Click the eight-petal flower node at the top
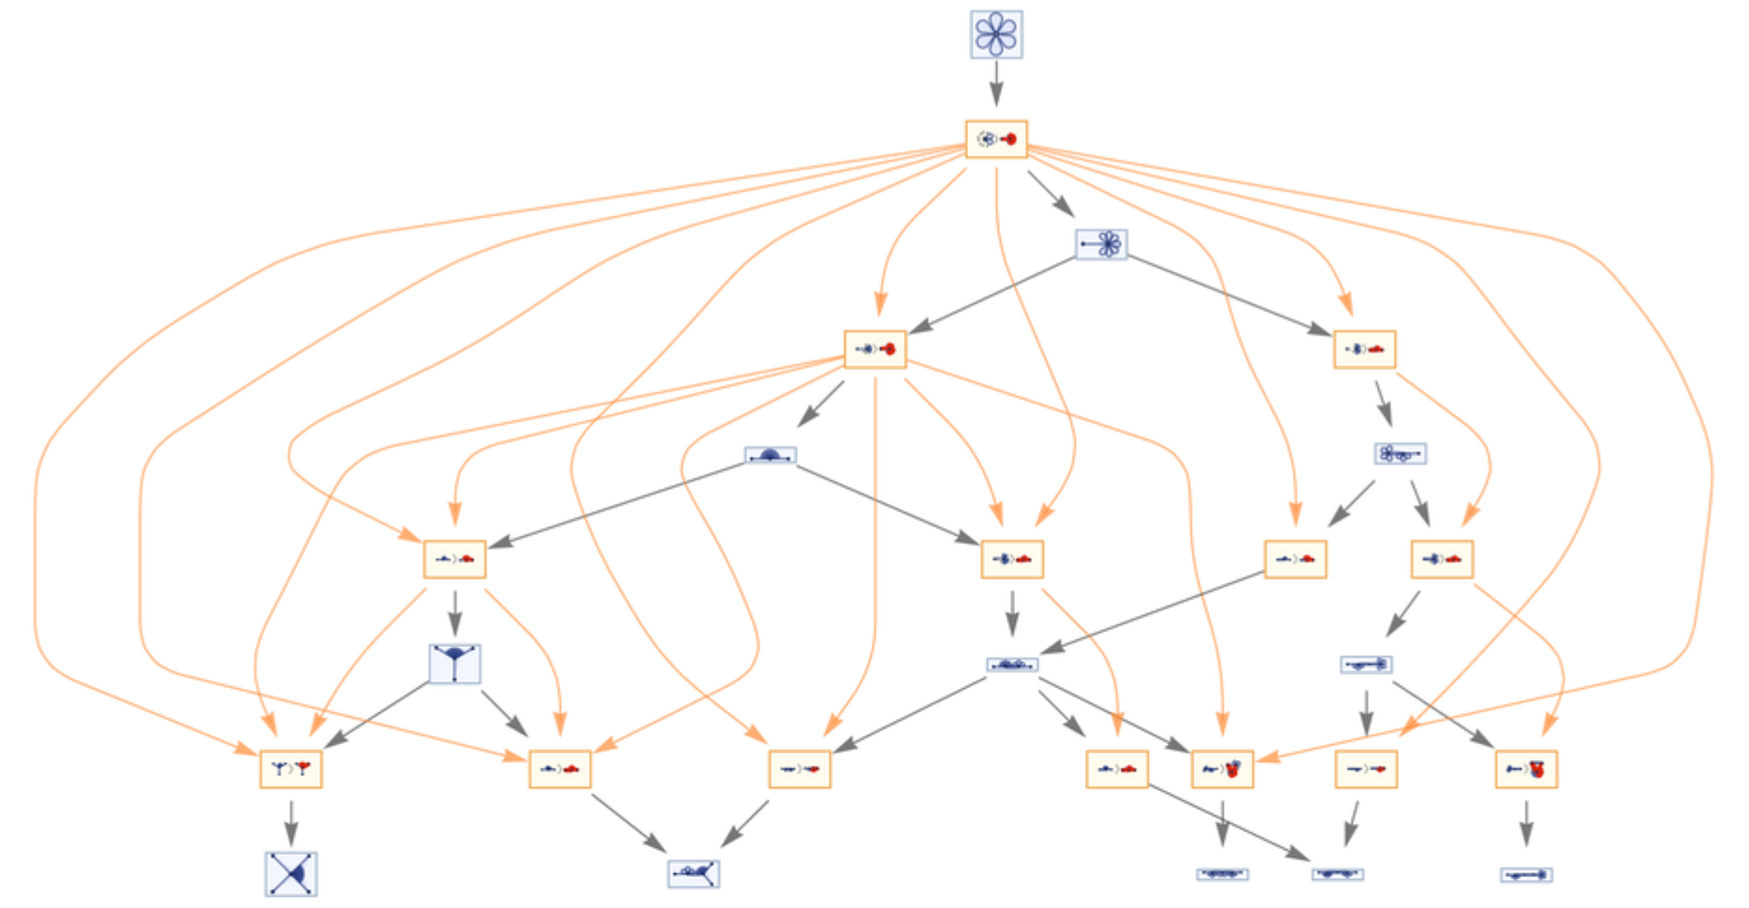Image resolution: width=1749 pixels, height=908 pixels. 996,35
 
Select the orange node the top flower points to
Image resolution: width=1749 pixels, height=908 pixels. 996,139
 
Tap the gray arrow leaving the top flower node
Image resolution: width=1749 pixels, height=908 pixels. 996,84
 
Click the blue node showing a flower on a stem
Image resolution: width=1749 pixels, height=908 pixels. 1101,244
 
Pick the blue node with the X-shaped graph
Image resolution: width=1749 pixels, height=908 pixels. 291,873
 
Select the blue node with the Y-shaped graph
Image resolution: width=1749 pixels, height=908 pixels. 455,664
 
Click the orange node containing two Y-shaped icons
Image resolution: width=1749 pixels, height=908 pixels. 291,769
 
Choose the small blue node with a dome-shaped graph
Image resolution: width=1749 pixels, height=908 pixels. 771,455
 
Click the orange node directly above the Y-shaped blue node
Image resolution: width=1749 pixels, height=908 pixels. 455,559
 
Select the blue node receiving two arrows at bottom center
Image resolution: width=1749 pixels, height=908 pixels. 694,873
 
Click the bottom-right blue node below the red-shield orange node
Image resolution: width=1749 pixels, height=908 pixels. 1526,874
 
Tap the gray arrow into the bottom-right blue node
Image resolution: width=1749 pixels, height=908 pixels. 1526,824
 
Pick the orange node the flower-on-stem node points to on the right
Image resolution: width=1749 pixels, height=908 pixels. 1364,349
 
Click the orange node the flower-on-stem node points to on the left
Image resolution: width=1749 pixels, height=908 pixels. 875,349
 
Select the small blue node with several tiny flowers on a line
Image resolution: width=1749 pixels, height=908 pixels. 1400,454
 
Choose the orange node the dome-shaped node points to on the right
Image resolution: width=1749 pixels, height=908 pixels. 1012,559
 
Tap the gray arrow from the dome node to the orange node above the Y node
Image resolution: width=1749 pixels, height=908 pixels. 618,504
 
